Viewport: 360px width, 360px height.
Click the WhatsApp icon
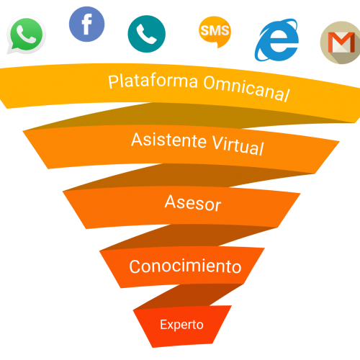tap(26, 35)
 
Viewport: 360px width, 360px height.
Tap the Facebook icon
tap(86, 24)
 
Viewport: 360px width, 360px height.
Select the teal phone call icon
tap(146, 34)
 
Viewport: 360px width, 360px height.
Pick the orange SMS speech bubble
tap(215, 32)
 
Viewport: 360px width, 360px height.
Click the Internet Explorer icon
tap(277, 40)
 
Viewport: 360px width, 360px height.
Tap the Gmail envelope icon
tap(341, 42)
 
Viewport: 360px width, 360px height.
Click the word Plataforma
tap(153, 81)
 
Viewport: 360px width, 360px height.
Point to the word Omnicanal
tap(247, 89)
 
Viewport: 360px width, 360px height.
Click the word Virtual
tap(238, 145)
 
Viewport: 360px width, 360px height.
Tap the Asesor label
tap(193, 203)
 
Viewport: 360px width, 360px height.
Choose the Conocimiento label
tap(185, 266)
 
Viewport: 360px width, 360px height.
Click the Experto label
tap(181, 325)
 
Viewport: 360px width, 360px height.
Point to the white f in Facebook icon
tap(87, 24)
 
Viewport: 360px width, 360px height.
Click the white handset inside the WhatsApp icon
tap(27, 35)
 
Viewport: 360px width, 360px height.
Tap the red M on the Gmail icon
tap(341, 42)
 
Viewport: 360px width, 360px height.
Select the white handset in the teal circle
tap(146, 34)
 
